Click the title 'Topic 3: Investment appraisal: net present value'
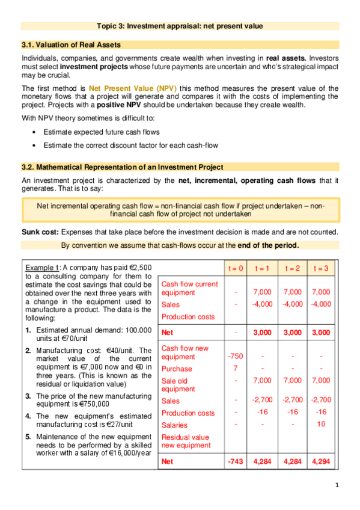coord(180,25)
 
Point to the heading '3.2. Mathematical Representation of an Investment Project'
coord(122,167)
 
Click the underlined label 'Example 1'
coord(42,267)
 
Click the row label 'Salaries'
coord(175,425)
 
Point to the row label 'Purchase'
coord(177,369)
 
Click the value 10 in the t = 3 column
coord(322,424)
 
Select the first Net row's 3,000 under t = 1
coord(263,331)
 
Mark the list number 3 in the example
coord(28,396)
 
